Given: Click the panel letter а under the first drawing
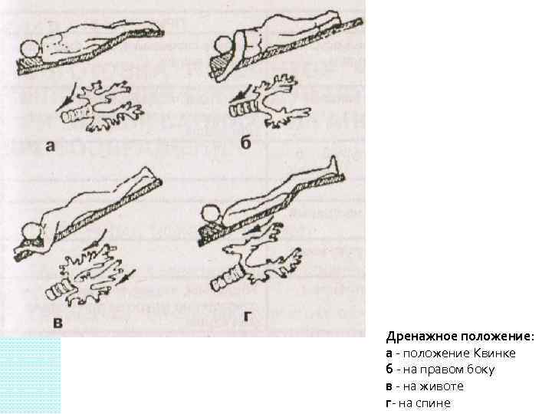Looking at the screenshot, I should pyautogui.click(x=49, y=146).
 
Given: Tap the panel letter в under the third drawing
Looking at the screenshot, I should pyautogui.click(x=59, y=324).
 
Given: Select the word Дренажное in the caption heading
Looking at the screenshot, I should pyautogui.click(x=419, y=337).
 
